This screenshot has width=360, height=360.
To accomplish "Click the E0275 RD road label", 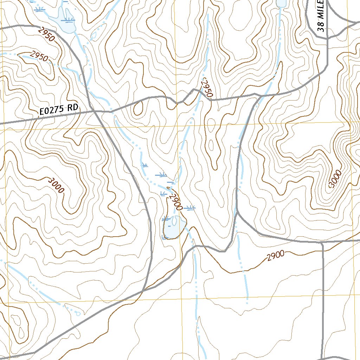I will click(x=58, y=110).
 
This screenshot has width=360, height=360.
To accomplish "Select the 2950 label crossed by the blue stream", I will click(x=39, y=56).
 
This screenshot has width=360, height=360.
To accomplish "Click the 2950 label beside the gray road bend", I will click(x=46, y=34).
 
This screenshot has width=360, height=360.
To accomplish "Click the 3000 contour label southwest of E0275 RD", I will click(x=56, y=185).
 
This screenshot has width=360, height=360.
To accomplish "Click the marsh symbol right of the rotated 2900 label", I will click(x=190, y=208).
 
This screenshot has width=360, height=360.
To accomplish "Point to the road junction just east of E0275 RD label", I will click(x=95, y=111).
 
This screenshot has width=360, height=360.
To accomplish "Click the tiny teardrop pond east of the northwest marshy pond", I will click(x=94, y=36).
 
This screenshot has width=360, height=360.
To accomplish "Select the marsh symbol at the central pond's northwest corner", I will click(x=166, y=219).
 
